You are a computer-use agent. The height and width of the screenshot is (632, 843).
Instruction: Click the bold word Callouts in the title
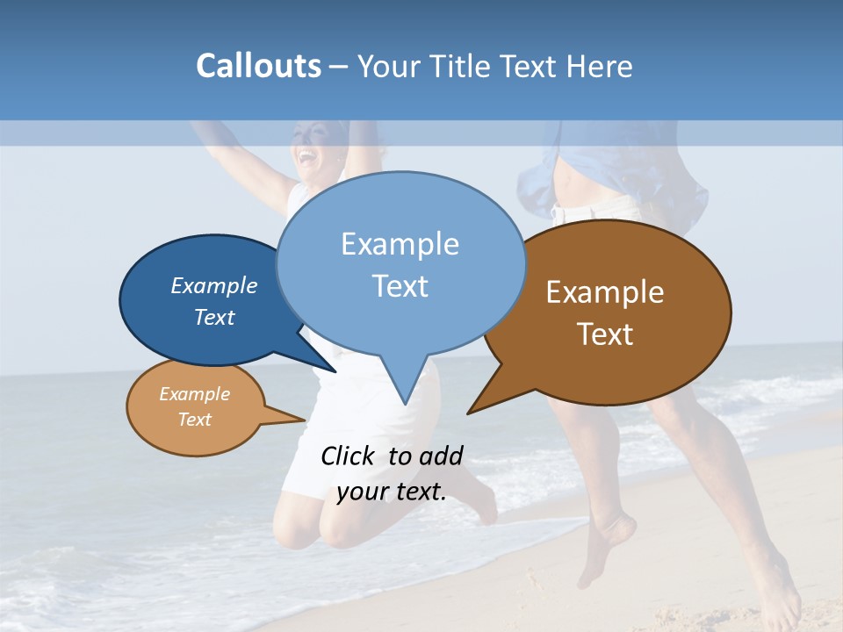(258, 67)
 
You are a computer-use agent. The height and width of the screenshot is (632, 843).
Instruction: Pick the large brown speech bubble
(615, 312)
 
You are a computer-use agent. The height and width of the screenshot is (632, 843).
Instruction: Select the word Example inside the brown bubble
(605, 292)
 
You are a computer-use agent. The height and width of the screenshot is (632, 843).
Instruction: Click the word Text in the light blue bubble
(400, 286)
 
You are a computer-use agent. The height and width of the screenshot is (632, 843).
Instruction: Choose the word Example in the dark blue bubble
(214, 286)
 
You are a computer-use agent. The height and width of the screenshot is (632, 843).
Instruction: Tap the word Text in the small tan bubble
(195, 420)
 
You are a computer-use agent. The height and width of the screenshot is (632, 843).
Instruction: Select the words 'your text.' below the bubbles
(392, 492)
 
